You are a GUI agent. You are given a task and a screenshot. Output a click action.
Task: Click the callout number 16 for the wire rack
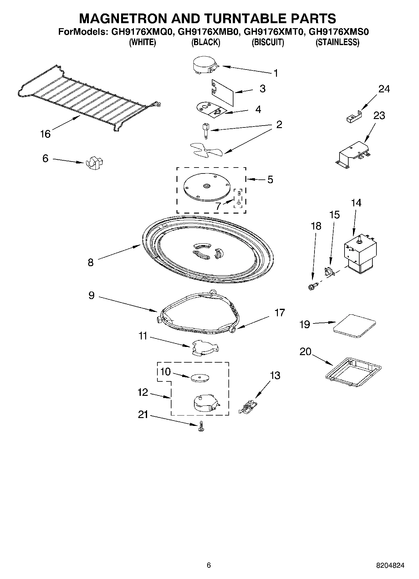[45, 134]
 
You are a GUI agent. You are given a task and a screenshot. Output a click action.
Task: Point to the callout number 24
[384, 89]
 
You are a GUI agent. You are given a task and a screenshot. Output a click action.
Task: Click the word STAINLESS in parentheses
[337, 42]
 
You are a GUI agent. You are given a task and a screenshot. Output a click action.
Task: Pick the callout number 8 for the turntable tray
[90, 262]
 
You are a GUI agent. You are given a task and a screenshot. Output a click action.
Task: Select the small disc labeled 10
[199, 378]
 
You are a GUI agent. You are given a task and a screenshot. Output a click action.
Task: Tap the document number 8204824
[390, 565]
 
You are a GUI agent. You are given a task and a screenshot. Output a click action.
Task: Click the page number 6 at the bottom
[209, 565]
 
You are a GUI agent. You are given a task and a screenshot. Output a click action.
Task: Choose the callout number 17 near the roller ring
[279, 313]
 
